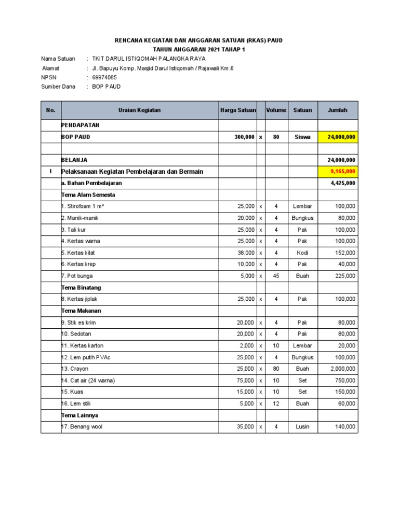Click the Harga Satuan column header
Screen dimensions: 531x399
(237, 110)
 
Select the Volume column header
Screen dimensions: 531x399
(276, 110)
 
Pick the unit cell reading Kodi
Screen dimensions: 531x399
(302, 253)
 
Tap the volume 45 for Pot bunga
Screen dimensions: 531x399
(276, 276)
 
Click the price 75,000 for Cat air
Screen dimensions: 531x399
(245, 380)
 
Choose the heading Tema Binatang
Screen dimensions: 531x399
(81, 287)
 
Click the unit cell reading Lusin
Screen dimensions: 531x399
(302, 426)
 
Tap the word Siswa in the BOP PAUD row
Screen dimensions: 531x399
(302, 137)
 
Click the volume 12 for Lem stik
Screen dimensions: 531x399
(276, 403)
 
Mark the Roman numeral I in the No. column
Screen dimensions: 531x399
(51, 172)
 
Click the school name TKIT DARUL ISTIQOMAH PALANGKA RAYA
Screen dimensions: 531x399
(149, 59)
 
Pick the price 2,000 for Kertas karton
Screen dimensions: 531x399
(246, 345)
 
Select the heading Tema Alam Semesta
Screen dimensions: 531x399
(88, 195)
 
